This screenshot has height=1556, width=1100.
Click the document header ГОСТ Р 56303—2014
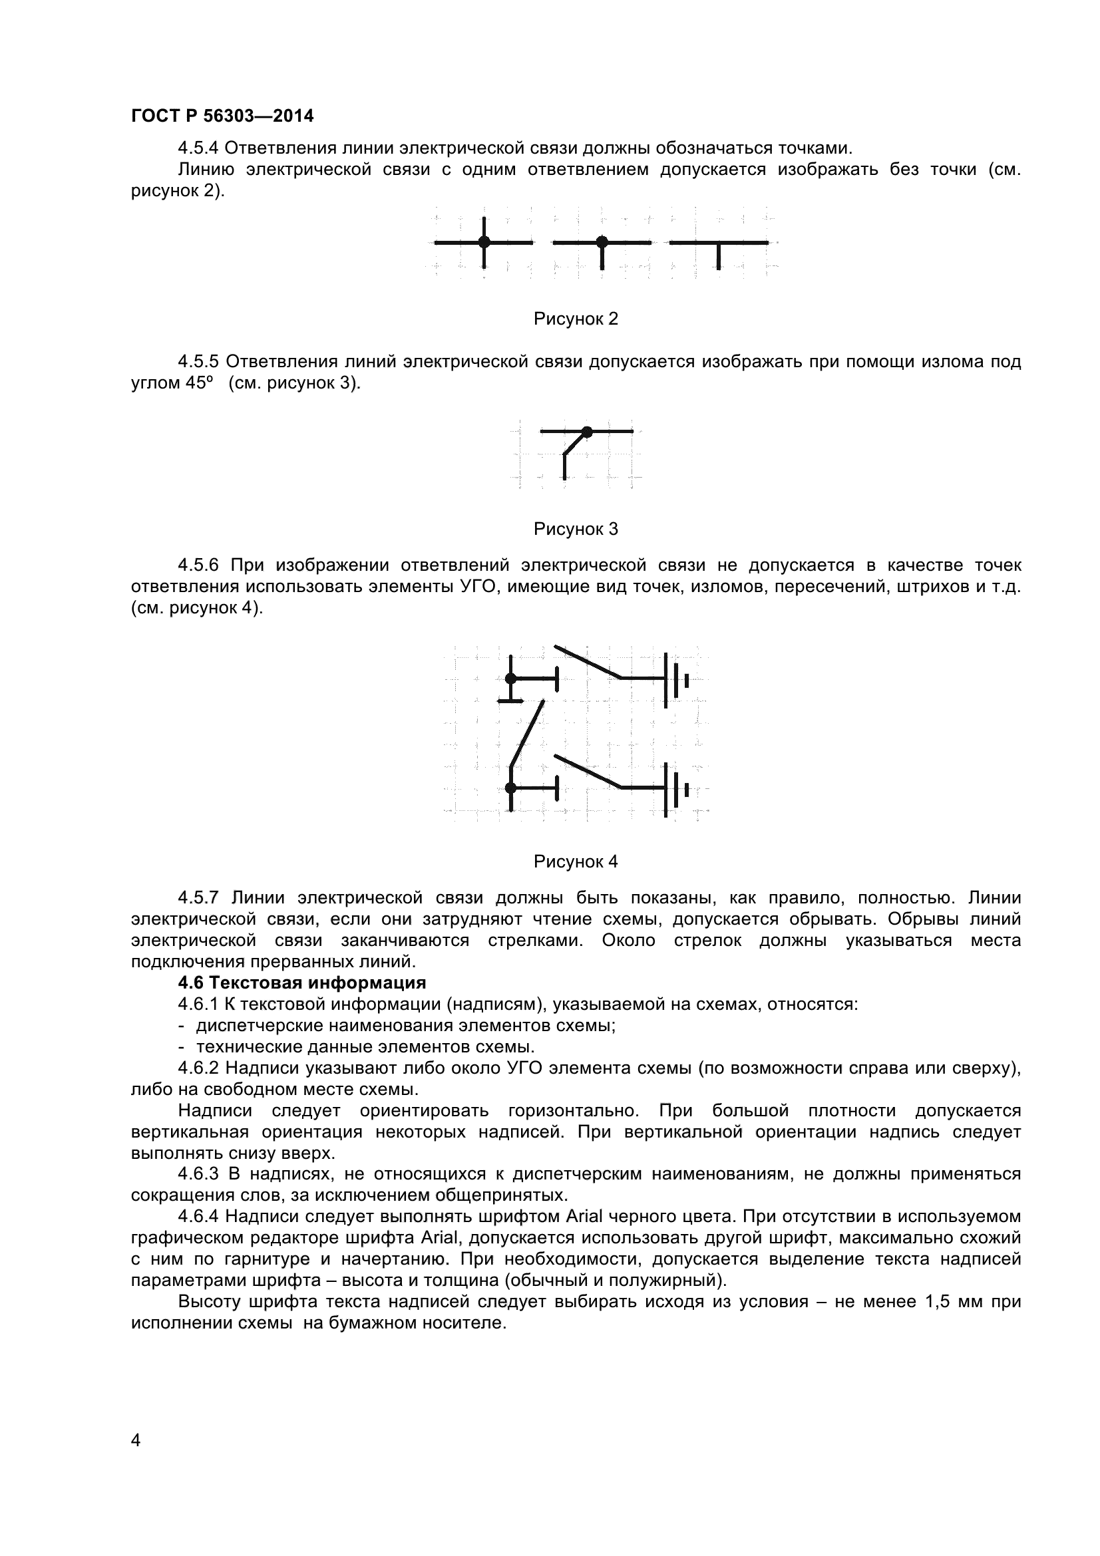coord(222,116)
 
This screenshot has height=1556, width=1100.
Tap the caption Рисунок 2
coord(576,319)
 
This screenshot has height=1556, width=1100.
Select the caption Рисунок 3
coord(576,529)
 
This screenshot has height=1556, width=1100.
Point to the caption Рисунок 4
coord(576,861)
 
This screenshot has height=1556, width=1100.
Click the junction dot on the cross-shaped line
coord(484,242)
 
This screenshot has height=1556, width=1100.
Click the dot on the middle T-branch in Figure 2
coord(601,242)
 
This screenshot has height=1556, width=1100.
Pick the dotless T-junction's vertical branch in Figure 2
coord(719,256)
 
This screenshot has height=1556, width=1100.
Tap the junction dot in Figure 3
coord(587,431)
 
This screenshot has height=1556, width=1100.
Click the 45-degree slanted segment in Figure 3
coord(574,444)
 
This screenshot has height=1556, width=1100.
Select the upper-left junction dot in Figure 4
coord(511,678)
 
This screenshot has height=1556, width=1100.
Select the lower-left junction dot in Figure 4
coord(511,788)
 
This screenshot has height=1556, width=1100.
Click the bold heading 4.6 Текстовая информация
coord(301,983)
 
